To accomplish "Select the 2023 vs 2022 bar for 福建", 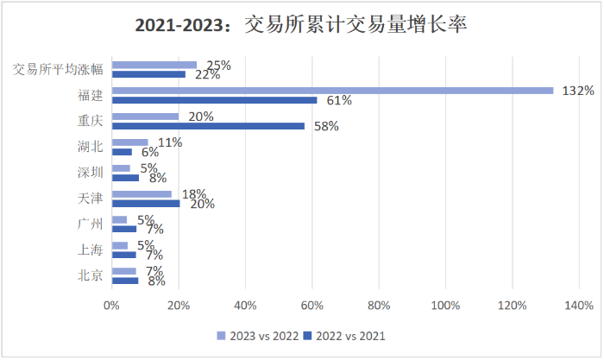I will point(332,90).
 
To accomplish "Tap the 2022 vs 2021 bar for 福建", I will point(214,100).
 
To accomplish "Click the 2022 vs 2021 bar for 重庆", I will point(208,126).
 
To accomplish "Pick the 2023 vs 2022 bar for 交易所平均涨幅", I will point(154,65).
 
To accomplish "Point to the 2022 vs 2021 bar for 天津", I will point(145,204).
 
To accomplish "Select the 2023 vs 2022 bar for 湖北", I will point(129,142).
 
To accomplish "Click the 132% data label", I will point(576,90).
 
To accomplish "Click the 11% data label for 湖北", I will point(170,142).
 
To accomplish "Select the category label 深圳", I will point(90,173).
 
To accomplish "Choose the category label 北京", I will point(90,276).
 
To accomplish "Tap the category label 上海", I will point(90,250).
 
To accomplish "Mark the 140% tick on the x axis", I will point(579,305).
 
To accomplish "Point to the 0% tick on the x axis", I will point(111,305).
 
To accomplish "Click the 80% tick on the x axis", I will point(379,305).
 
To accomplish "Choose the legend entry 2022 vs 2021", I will point(348,335).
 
